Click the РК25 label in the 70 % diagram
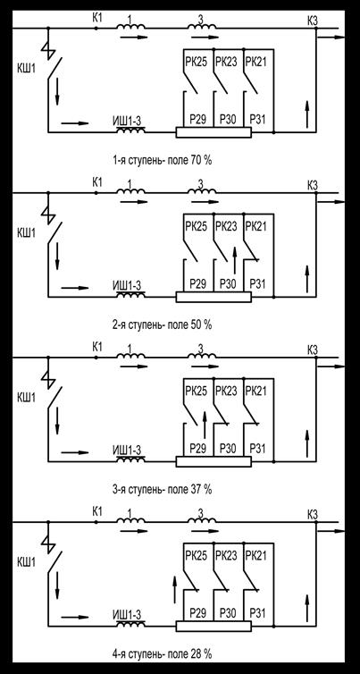pyautogui.click(x=197, y=62)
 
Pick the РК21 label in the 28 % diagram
pyautogui.click(x=255, y=556)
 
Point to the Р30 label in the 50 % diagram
pyautogui.click(x=228, y=283)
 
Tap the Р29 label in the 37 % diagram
pyautogui.click(x=198, y=449)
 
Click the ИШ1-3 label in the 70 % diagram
pyautogui.click(x=127, y=122)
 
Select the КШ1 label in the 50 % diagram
pyautogui.click(x=26, y=233)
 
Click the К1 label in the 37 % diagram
pyautogui.click(x=97, y=347)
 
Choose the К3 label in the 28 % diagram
pyautogui.click(x=313, y=514)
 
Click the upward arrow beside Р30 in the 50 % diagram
pyautogui.click(x=235, y=260)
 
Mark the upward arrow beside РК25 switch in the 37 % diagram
pyautogui.click(x=205, y=425)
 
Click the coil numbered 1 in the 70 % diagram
pyautogui.click(x=131, y=27)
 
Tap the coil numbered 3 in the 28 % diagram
pyautogui.click(x=202, y=520)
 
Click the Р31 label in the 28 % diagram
pyautogui.click(x=258, y=613)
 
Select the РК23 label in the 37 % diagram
pyautogui.click(x=226, y=392)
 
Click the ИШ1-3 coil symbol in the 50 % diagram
pyautogui.click(x=130, y=295)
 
